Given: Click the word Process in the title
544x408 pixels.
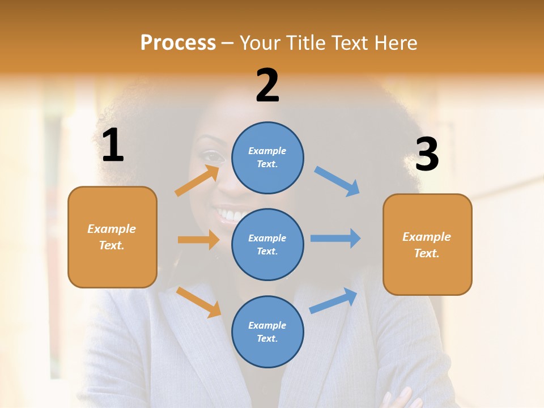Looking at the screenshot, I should (178, 42).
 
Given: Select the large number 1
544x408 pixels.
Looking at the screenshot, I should (113, 146).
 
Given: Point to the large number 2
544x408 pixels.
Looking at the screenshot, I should (267, 86).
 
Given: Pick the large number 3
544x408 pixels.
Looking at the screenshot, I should (427, 155).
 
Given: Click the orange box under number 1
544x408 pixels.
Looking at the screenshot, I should (112, 237).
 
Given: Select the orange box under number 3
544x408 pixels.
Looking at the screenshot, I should (427, 244).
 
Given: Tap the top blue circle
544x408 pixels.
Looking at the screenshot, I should (267, 158).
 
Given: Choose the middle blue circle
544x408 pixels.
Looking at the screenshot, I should (267, 244).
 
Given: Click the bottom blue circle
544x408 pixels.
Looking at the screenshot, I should (267, 331).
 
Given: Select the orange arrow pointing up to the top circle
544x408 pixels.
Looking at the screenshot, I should (197, 181).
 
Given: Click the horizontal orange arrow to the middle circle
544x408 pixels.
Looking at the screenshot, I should (198, 240).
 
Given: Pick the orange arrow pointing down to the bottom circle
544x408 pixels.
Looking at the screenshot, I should (199, 302).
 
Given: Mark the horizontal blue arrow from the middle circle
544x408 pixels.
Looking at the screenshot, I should (335, 238).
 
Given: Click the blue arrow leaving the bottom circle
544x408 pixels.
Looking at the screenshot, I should (334, 301).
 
